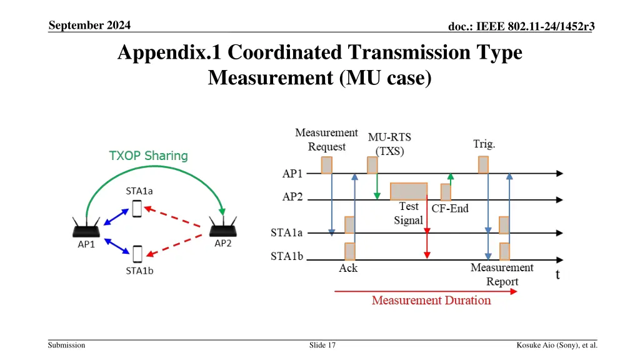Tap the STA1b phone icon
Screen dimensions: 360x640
click(137, 254)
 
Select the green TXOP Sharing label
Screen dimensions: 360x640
click(148, 156)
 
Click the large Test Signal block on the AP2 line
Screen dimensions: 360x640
click(409, 191)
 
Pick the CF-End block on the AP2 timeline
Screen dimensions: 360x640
click(446, 192)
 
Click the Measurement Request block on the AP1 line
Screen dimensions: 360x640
click(326, 165)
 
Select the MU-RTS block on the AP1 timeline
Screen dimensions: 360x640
click(372, 165)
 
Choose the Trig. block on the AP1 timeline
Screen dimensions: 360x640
click(483, 165)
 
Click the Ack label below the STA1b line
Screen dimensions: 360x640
click(348, 269)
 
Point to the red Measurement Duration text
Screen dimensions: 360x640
click(431, 301)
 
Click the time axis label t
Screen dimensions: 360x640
click(558, 274)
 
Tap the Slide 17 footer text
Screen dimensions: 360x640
click(322, 345)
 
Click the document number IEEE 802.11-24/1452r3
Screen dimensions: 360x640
click(521, 26)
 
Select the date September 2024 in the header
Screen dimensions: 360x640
click(89, 26)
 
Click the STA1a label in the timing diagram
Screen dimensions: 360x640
click(286, 232)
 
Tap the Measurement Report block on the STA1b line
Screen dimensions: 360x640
click(504, 251)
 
